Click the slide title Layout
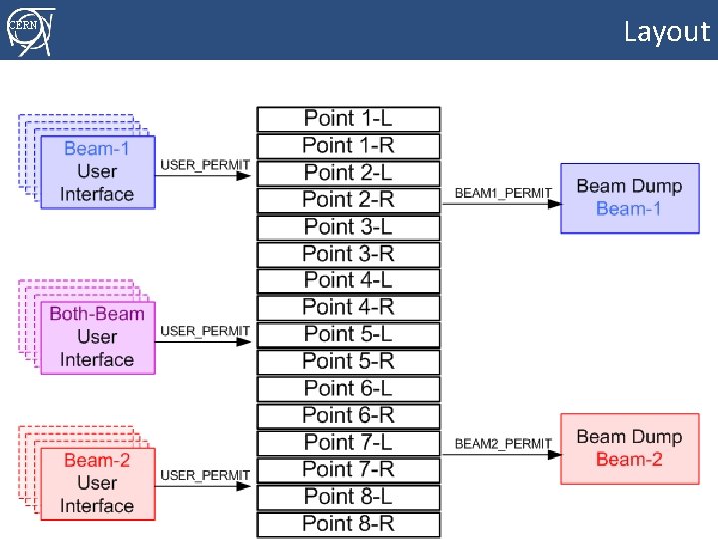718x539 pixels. point(666,31)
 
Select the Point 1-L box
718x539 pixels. point(348,119)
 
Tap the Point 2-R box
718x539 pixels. point(348,200)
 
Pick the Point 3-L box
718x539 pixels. point(348,227)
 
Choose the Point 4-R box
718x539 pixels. point(348,307)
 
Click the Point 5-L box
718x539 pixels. point(348,334)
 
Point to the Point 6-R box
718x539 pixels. point(348,415)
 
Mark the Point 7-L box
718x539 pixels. point(348,442)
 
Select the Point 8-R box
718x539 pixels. point(348,523)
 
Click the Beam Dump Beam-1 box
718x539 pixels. point(628,198)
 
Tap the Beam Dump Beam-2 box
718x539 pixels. point(628,448)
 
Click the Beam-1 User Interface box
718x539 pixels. point(97,172)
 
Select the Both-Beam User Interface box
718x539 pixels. point(97,337)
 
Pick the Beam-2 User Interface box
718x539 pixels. point(97,483)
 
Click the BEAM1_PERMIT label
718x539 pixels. point(503,192)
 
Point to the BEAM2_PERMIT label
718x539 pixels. point(503,443)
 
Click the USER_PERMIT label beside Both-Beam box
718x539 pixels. point(204,330)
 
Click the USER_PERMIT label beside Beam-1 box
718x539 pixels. point(204,164)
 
